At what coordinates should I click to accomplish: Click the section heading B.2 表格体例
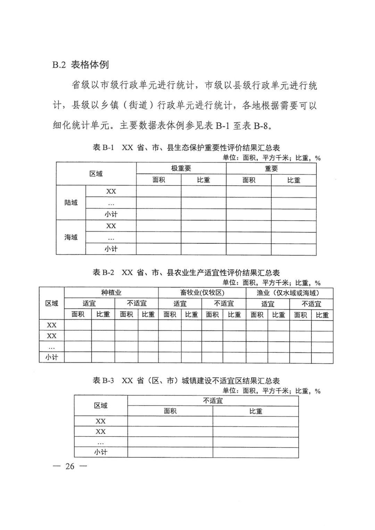(81, 65)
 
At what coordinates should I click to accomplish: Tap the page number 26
(70, 466)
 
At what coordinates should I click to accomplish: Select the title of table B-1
(186, 148)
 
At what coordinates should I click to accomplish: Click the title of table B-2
(186, 272)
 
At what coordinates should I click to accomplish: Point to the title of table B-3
(186, 380)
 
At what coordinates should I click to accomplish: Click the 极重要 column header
(181, 168)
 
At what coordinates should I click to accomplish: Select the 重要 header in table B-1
(271, 168)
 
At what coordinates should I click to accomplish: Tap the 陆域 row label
(71, 203)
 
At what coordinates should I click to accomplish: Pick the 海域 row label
(71, 237)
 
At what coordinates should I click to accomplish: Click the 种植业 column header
(111, 293)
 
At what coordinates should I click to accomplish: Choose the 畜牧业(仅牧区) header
(202, 293)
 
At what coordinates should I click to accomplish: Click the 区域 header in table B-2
(52, 303)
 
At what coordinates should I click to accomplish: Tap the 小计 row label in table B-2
(52, 357)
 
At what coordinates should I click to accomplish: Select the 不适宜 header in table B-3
(213, 401)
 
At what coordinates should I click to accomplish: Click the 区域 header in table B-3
(101, 405)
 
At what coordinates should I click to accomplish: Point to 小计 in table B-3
(101, 452)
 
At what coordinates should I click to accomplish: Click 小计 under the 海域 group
(111, 249)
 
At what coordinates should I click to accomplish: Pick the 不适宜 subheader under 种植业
(136, 303)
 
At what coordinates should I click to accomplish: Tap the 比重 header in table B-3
(256, 411)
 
